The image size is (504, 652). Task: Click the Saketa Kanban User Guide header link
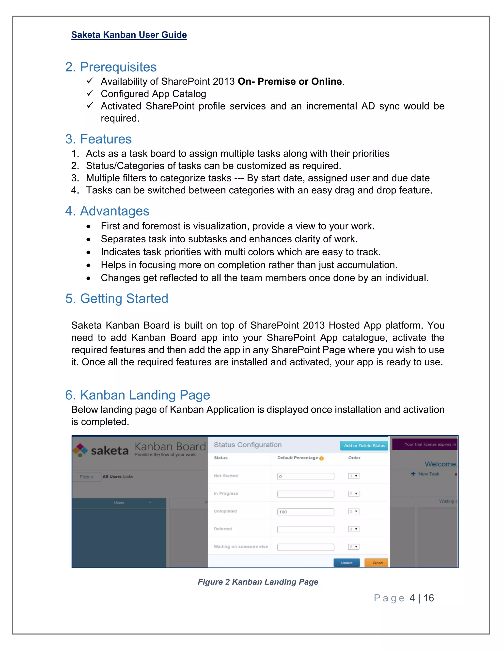coord(129,35)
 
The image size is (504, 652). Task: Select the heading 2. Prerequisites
coord(111,67)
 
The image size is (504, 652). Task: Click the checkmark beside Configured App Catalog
coord(90,93)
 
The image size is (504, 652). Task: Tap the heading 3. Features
coord(98,139)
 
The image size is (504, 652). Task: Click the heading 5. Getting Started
coord(116,298)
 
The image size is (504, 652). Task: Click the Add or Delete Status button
coord(364,445)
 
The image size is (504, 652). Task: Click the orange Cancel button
coord(377,562)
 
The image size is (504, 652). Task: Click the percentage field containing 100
coord(305,512)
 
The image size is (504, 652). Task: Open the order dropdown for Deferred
coord(354,529)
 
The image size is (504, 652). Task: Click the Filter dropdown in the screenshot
coord(86,477)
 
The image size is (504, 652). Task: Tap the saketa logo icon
coord(80,450)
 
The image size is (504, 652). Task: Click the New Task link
coord(428,474)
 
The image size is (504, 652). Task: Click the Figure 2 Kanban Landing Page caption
coord(258,582)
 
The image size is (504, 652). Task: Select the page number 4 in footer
coord(412,598)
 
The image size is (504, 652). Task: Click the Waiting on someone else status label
coord(240,546)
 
